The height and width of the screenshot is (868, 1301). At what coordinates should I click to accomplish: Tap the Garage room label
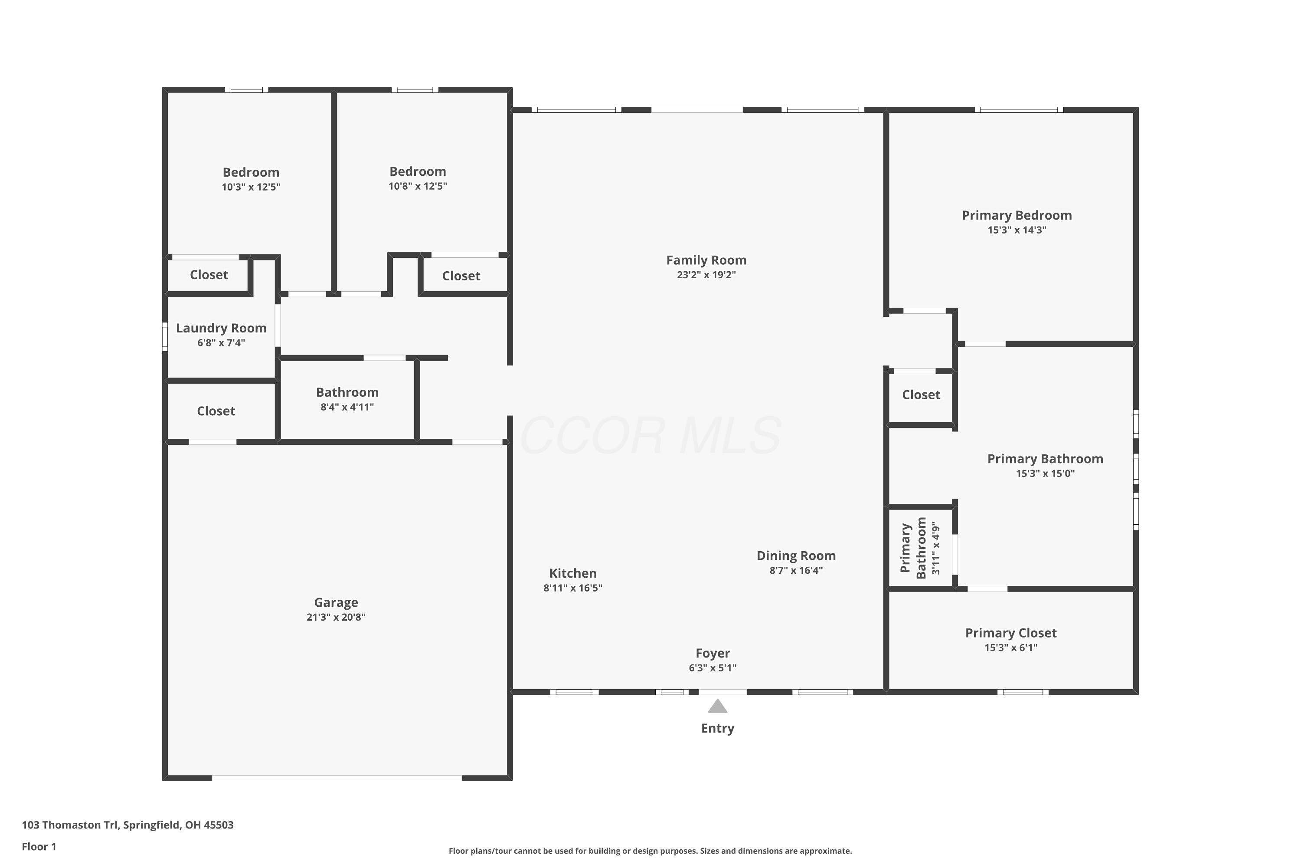point(336,602)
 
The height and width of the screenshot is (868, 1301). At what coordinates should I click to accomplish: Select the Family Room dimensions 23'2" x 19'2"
point(706,275)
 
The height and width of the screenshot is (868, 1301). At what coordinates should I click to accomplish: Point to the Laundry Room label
point(221,328)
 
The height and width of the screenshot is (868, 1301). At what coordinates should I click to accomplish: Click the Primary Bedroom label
point(1017,215)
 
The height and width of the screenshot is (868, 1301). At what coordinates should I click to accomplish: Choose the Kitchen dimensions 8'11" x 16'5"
point(572,588)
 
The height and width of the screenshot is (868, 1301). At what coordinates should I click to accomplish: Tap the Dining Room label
point(796,556)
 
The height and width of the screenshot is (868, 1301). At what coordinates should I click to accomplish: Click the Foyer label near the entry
point(713,653)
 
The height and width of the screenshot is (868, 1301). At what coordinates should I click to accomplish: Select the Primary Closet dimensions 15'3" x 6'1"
point(1010,648)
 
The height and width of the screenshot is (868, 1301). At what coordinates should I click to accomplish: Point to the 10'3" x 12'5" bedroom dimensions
point(251,187)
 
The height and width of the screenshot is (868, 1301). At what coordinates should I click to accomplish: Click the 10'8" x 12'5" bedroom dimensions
point(418,186)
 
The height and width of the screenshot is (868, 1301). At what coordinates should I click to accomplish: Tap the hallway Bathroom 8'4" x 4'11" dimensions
point(347,407)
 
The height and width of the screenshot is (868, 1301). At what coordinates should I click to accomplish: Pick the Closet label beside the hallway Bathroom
point(216,411)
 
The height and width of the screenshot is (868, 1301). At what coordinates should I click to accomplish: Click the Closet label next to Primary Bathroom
point(921,395)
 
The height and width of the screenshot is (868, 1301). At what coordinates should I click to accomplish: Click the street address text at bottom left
point(128,825)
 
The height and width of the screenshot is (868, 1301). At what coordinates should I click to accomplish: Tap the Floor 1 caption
point(39,846)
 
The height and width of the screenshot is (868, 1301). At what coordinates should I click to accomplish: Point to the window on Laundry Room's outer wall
point(164,337)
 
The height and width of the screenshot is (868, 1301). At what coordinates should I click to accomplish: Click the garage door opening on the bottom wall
point(337,778)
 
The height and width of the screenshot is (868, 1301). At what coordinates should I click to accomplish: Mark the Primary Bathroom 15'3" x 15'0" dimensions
point(1045,474)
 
